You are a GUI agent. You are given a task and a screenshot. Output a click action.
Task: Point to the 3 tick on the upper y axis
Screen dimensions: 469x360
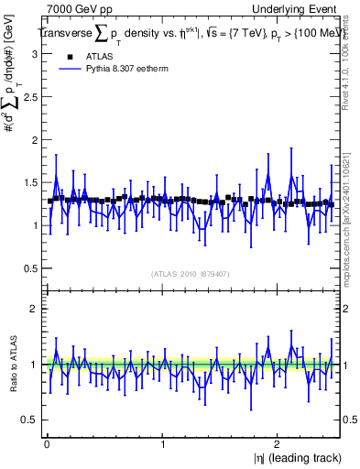[x=31, y=54]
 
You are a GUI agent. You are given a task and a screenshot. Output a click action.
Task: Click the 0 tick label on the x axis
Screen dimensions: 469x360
[x=46, y=444]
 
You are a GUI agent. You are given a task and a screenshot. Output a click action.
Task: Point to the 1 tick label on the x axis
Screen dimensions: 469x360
[x=162, y=444]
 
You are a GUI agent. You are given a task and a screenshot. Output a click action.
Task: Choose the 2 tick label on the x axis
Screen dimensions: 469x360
[x=278, y=444]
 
